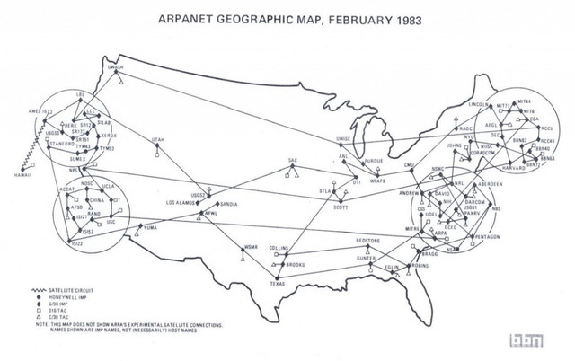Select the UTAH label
coord(159,140)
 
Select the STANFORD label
coord(56,142)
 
